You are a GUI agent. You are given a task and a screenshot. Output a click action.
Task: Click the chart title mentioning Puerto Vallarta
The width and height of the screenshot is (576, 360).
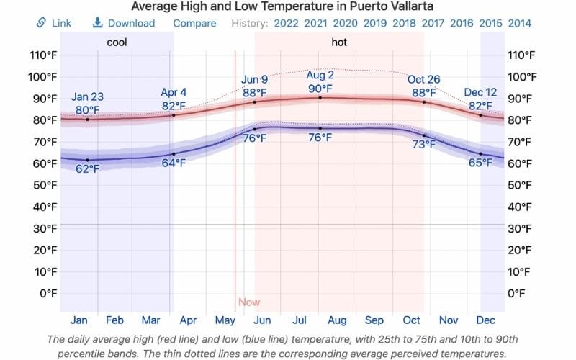[x=287, y=6]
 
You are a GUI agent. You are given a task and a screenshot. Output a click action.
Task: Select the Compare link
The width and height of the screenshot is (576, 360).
[x=194, y=23]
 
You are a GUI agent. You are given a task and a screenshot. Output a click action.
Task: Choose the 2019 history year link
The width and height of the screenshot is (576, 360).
[x=374, y=23]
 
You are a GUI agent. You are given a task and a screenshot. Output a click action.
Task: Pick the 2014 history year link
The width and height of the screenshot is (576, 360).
[x=519, y=23]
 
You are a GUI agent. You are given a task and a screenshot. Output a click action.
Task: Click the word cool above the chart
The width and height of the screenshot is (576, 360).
[x=117, y=42]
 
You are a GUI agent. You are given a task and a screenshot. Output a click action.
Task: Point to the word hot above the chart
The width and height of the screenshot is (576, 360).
[x=339, y=42]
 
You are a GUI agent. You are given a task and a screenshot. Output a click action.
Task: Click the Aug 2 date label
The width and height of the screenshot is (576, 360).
[x=320, y=75]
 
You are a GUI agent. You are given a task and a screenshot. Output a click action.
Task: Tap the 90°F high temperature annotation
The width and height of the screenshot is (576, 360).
[x=320, y=89]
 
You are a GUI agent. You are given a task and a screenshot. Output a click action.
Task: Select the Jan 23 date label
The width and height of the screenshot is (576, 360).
[x=87, y=97]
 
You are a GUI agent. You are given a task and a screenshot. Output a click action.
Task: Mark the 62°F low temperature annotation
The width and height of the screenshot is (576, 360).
[x=87, y=168]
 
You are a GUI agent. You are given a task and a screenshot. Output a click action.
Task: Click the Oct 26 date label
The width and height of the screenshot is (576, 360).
[x=423, y=79]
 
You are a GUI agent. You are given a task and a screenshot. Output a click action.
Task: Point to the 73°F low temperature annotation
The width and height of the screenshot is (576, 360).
[x=423, y=145]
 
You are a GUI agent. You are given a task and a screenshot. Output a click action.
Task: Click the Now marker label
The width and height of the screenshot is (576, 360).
[x=249, y=302]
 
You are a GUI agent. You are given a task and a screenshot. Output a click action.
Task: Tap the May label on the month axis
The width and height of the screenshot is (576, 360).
[x=225, y=320]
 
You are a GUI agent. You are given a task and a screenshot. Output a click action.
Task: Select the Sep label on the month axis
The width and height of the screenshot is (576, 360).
[x=374, y=320]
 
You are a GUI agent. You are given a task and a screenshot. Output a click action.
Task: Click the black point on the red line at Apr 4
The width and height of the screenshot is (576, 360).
[x=174, y=115]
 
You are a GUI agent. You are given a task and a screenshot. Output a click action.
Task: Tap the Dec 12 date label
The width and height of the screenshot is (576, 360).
[x=480, y=92]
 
